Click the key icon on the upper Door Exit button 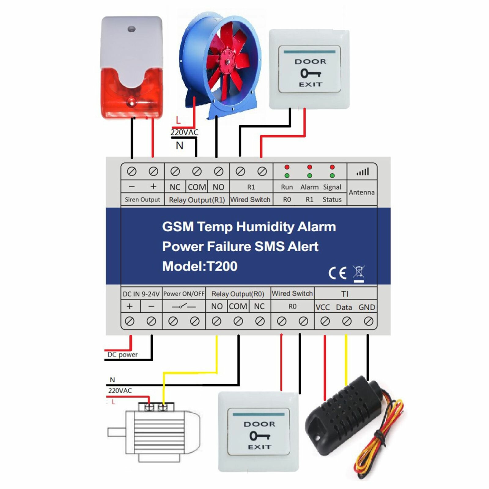coord(310,73)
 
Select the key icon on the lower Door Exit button coord(259,436)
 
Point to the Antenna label coord(362,193)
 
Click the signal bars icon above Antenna coord(362,172)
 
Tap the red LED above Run coord(287,167)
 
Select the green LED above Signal coord(332,176)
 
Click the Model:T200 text coord(200,266)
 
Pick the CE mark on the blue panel coord(337,273)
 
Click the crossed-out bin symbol coord(359,273)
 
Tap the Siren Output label coord(142,200)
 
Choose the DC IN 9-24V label coord(141,294)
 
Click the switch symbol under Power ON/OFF coord(184,306)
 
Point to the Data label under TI coord(344,307)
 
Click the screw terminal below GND coord(369,321)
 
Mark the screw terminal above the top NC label coord(175,172)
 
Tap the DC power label coord(123,355)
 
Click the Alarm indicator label coord(309,187)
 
